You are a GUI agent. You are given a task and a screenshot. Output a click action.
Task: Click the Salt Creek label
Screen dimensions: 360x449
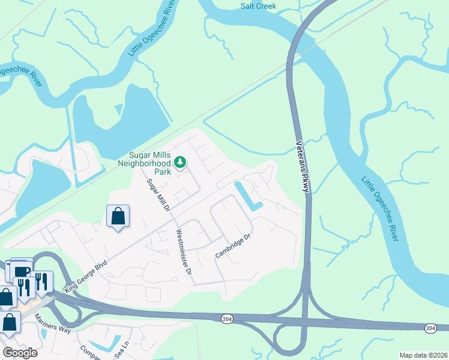(258, 6)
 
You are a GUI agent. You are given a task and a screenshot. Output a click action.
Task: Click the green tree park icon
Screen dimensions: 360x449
(179, 162)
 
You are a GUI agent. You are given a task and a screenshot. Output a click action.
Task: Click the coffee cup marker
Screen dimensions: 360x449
(22, 271)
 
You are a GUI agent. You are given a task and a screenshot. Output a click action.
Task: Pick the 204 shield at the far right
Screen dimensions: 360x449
(430, 328)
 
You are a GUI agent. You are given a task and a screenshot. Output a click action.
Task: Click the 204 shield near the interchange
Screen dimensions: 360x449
(226, 318)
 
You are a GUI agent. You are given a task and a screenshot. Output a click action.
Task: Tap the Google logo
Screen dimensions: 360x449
(19, 353)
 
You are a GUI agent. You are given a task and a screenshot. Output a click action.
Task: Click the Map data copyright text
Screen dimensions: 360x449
(423, 355)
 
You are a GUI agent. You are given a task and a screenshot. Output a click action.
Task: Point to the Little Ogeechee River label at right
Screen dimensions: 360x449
(379, 208)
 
